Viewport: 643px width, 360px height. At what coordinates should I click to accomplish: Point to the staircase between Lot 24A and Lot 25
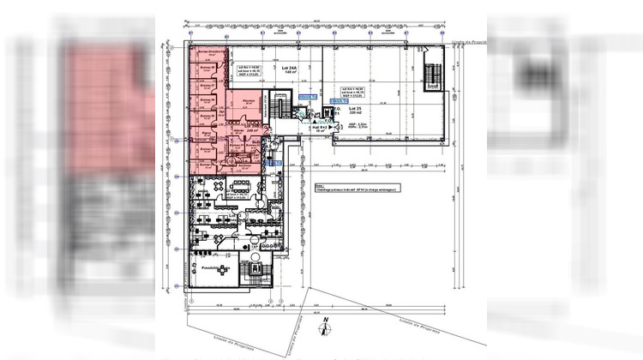pos(279,108)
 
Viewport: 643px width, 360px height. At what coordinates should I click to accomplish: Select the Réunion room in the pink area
pos(249,102)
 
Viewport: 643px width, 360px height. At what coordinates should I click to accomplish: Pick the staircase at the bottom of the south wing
pos(255,272)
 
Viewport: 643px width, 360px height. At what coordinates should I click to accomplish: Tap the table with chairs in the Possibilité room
pos(224,269)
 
